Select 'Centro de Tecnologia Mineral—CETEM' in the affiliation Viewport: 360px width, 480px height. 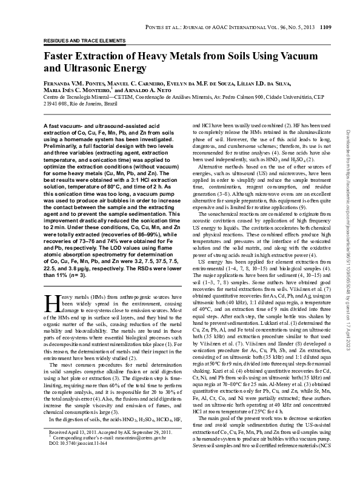tap(90, 97)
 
